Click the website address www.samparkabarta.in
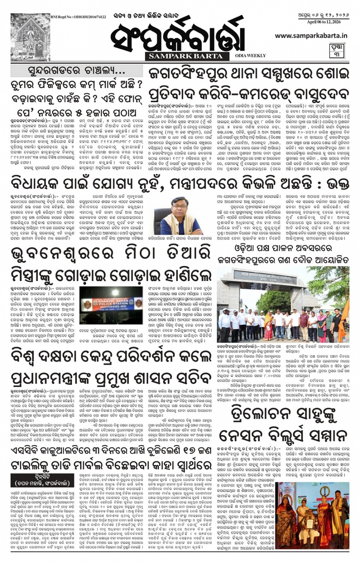tap(311, 35)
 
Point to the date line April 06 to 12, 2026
tap(323, 22)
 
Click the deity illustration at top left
tap(30, 37)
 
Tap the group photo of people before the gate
tap(283, 305)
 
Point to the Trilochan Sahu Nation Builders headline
tap(283, 423)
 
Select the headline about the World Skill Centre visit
tap(111, 368)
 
